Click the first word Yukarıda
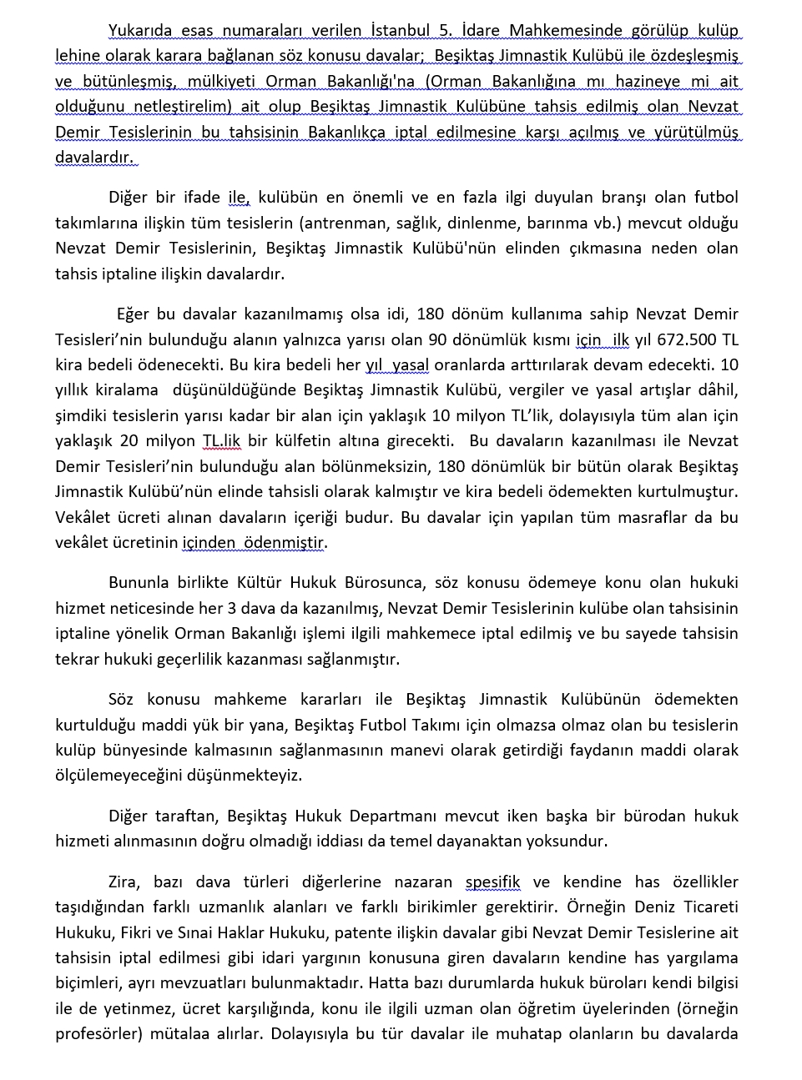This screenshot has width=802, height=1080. click(140, 31)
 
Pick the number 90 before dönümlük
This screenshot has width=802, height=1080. click(438, 339)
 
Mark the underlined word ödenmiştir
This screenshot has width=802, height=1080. click(284, 543)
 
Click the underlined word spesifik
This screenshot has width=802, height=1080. click(492, 882)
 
